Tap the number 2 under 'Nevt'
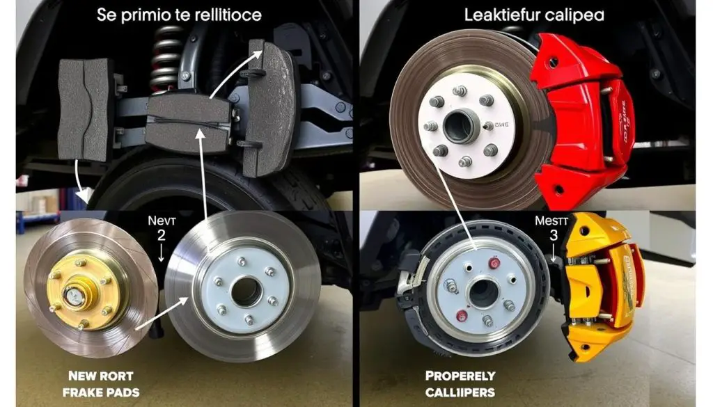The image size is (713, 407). coord(161,236)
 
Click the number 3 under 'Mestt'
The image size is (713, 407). coord(554,236)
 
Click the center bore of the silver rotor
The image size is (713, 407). coord(246,292)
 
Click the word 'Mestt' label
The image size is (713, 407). coord(551,220)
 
